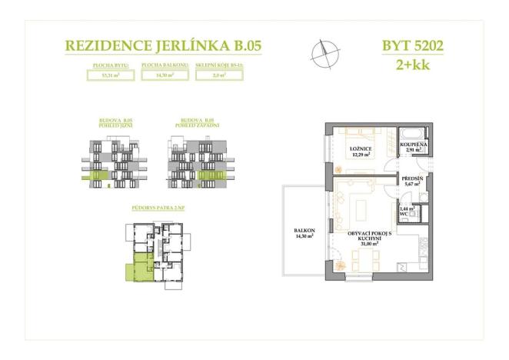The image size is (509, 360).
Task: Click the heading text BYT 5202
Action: [x=412, y=45]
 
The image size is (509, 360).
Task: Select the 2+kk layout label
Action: [x=413, y=65]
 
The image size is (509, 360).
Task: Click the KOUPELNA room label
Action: [x=418, y=144]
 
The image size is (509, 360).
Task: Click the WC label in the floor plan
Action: [x=403, y=213]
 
